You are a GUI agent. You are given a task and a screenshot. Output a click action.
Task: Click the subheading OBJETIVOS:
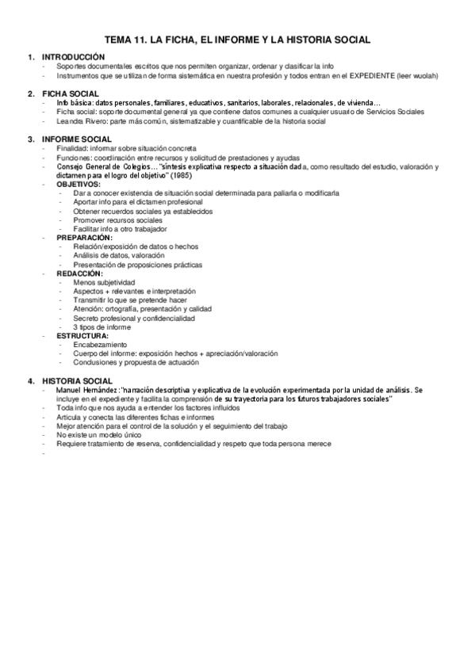click(79, 183)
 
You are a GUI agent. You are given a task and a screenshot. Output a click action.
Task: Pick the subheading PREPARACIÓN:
click(84, 237)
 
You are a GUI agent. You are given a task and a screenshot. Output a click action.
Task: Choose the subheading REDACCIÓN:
click(81, 273)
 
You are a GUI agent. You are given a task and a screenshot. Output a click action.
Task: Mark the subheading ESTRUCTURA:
click(83, 335)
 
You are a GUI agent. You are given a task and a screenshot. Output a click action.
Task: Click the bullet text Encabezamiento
click(100, 345)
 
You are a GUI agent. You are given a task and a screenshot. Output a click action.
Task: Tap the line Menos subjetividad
click(104, 282)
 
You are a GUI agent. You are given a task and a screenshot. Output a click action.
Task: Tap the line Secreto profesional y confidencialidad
click(133, 318)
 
